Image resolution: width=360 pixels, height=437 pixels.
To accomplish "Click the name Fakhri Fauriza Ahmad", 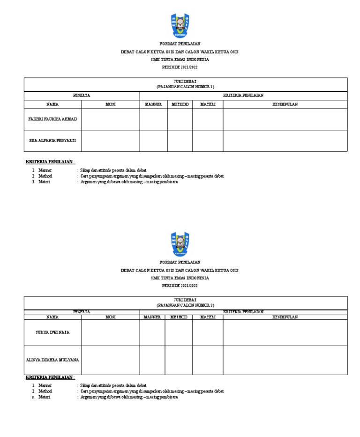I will [x=52, y=119].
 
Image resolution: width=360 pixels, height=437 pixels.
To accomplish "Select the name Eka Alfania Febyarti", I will [x=52, y=140].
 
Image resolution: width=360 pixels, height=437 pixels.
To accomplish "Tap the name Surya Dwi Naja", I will [x=52, y=332].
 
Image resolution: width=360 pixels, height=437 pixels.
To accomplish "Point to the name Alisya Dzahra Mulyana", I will [x=52, y=360].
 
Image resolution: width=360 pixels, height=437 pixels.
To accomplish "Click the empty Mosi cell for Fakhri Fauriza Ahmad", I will [x=111, y=119].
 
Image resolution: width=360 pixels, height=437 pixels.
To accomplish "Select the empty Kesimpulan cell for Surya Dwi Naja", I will [x=285, y=332].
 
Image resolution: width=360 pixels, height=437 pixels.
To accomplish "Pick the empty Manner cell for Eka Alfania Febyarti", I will [x=154, y=141].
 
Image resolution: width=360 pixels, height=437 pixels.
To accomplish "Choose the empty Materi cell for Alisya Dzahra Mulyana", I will [x=208, y=360].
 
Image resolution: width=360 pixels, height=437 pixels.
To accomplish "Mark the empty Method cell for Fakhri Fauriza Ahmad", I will [x=180, y=119].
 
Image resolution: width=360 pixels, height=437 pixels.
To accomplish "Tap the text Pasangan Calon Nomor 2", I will [x=185, y=305].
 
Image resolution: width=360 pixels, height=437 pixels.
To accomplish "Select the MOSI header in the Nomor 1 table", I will [x=111, y=104].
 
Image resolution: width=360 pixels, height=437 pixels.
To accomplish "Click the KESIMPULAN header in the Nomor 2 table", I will [x=285, y=317].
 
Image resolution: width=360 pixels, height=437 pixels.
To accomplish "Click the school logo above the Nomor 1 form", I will [x=180, y=26].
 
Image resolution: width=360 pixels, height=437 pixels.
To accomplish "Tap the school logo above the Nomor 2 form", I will [x=180, y=244].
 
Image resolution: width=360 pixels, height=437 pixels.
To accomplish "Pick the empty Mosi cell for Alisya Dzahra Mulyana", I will [x=111, y=360].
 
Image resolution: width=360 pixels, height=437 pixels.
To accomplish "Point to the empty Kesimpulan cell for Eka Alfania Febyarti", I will [x=285, y=141].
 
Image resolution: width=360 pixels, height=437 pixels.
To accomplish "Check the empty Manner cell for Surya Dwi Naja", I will [x=152, y=332].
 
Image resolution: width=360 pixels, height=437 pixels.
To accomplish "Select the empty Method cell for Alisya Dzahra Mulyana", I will [x=179, y=360].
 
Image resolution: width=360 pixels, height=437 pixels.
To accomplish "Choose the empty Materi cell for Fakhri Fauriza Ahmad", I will [x=208, y=119].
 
